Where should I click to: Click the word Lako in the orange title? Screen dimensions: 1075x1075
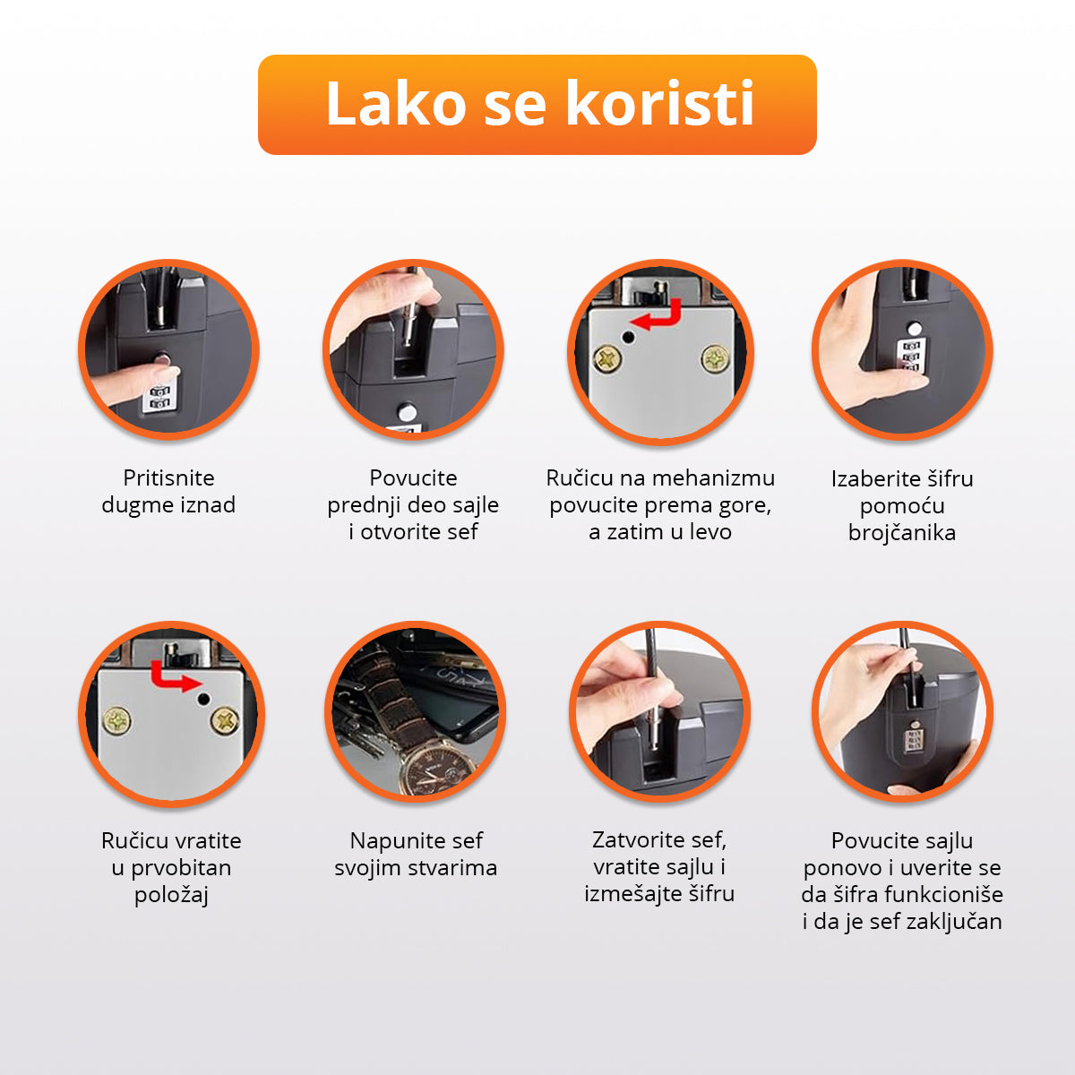coord(396,103)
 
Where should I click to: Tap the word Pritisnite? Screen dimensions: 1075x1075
coord(168,478)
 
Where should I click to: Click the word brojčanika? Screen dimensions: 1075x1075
coord(901,533)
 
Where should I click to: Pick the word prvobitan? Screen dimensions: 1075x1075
coord(181,868)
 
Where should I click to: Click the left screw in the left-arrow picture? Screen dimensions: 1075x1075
coord(607,359)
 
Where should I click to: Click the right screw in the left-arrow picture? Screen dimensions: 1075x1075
coord(715,358)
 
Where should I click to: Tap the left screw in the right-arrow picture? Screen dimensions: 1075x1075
coord(117,720)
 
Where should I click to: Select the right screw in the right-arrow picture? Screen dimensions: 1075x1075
coord(226,721)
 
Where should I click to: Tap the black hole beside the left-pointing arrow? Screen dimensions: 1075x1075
coord(629,338)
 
